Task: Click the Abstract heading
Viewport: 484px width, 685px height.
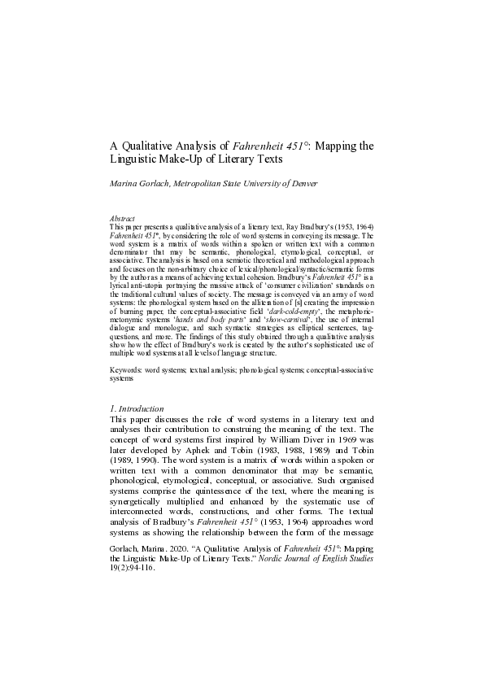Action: coord(121,218)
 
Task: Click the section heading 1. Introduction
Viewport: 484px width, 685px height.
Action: coord(137,408)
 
